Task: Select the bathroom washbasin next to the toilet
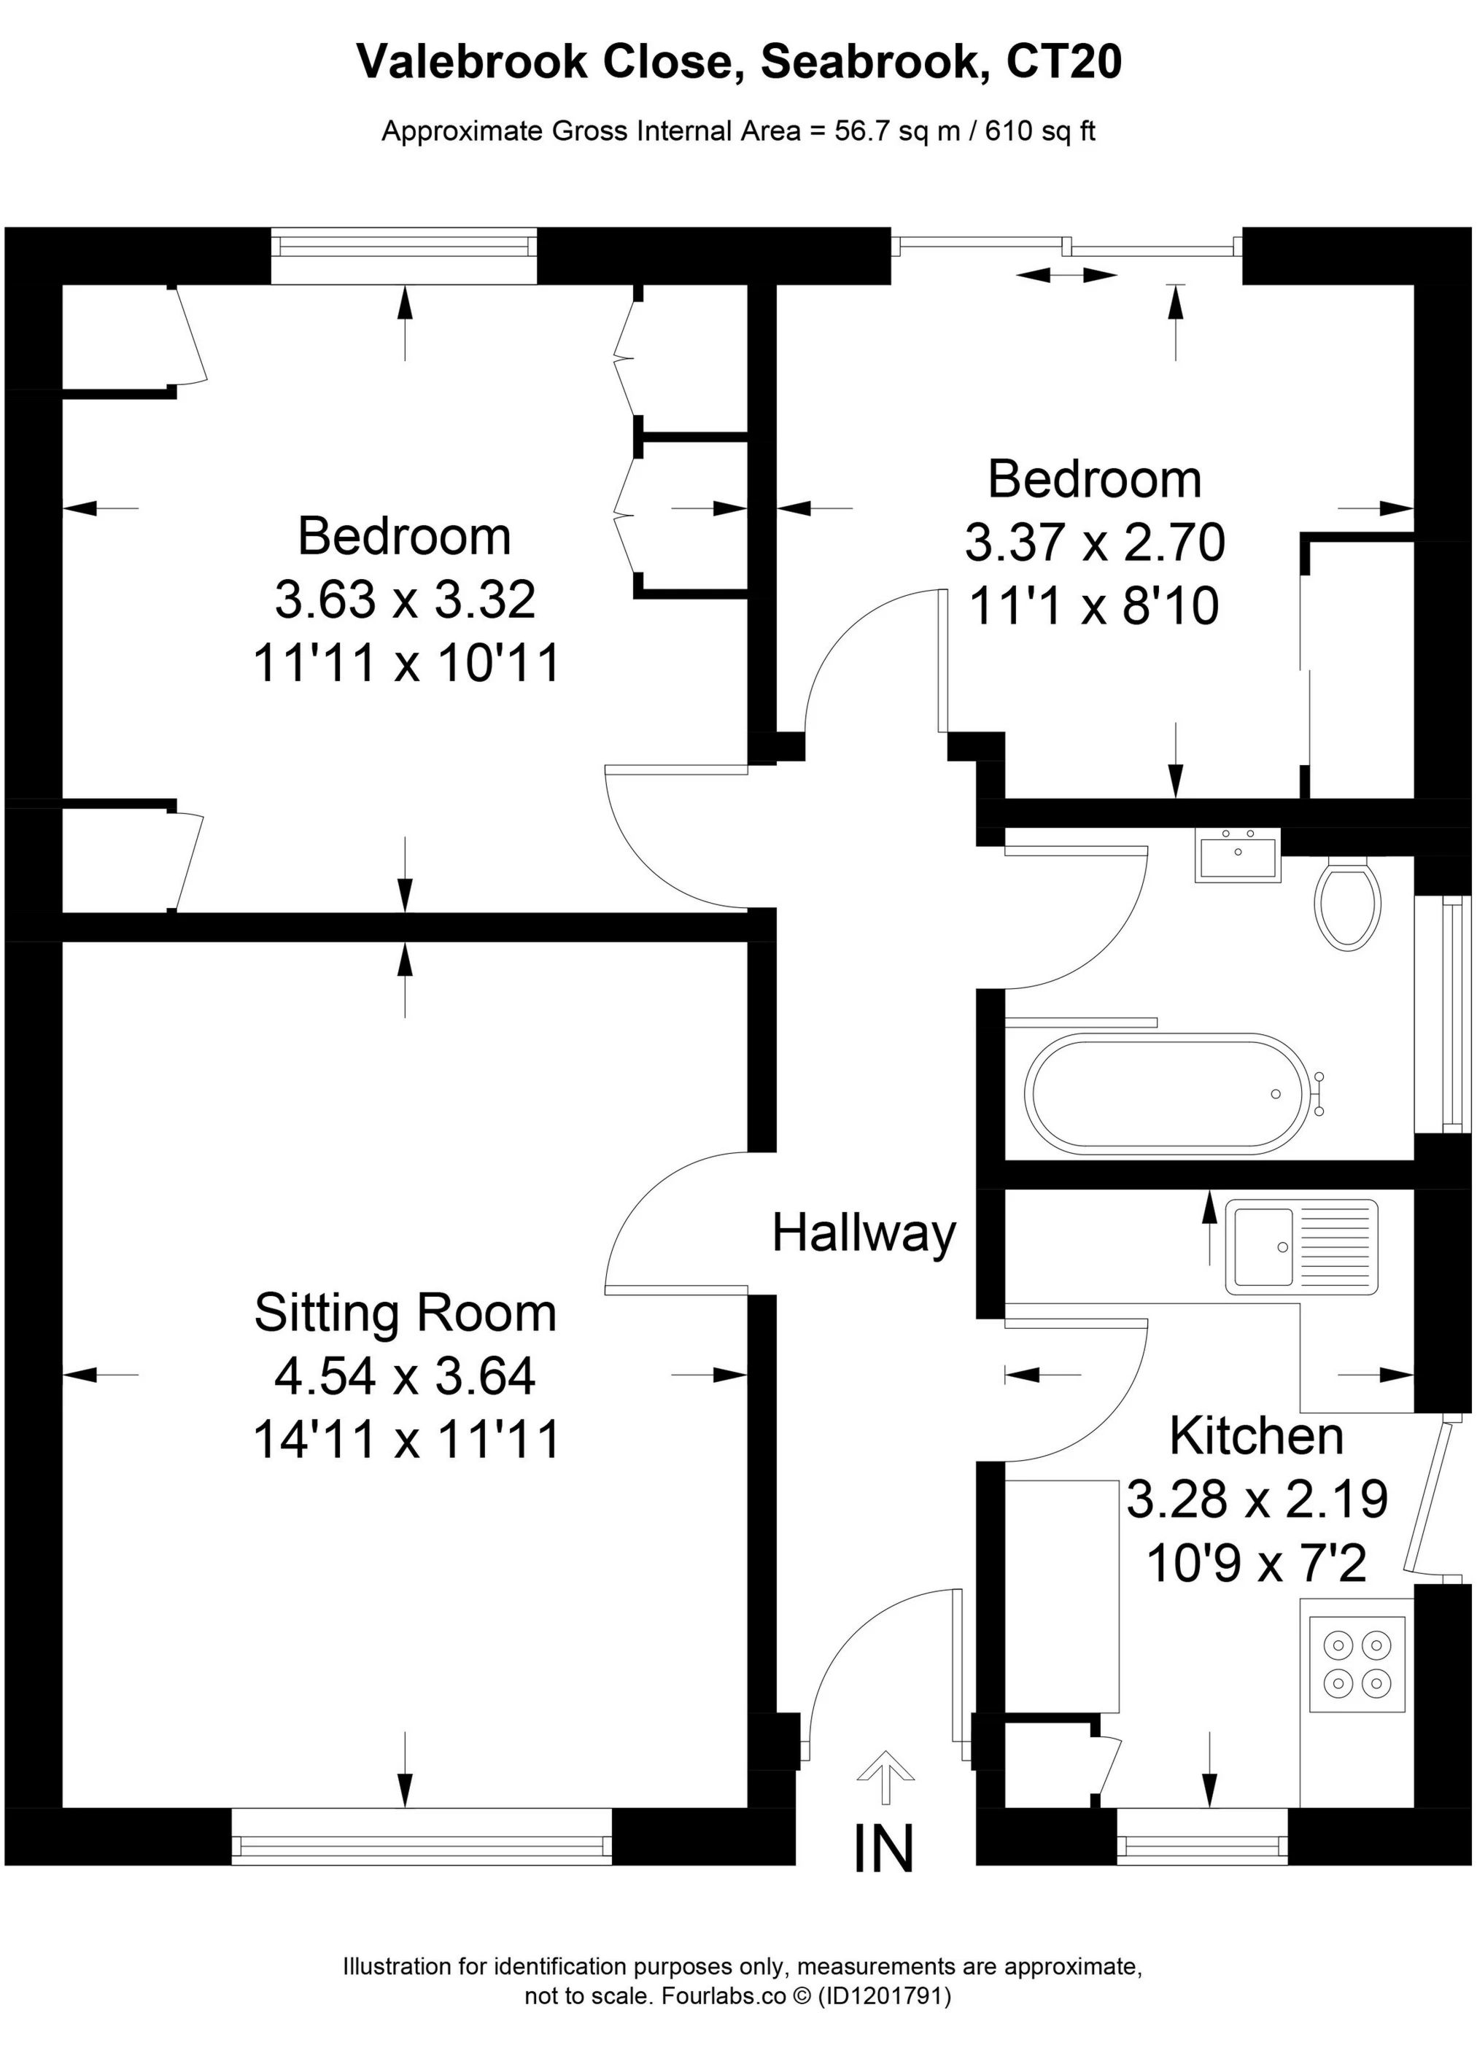tap(1237, 855)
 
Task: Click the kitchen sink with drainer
tap(1301, 1247)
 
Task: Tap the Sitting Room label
tap(405, 1313)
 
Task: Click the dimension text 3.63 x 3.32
tap(405, 599)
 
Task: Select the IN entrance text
tap(884, 1847)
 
